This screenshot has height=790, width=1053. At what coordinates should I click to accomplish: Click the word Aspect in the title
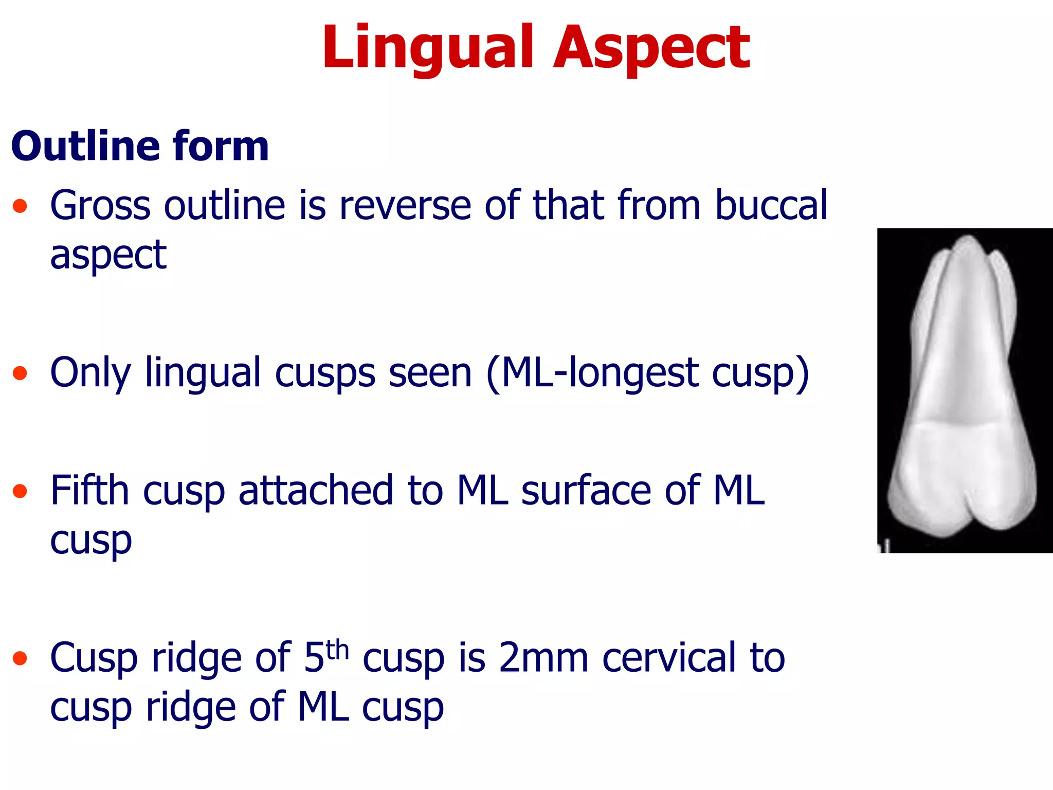click(x=651, y=48)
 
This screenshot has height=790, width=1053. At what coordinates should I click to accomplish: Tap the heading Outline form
click(x=140, y=146)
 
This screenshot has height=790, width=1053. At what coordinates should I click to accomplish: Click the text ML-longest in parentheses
click(x=599, y=373)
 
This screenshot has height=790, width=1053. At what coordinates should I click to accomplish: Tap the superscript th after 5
click(x=337, y=649)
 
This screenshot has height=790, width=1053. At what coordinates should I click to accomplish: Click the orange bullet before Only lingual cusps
click(x=20, y=372)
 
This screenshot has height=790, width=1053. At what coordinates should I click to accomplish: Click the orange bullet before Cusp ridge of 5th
click(x=20, y=658)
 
